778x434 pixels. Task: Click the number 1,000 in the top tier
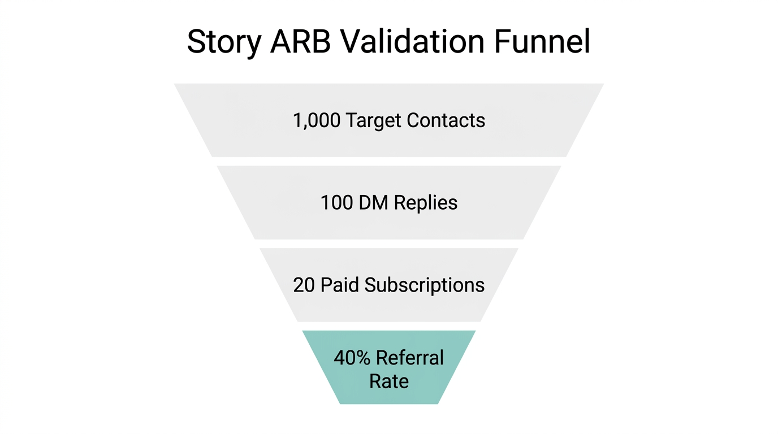[317, 120]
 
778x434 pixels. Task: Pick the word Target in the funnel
[373, 120]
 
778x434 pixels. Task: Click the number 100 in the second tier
[336, 203]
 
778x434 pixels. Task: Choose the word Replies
[426, 203]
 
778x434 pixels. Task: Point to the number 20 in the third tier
[304, 285]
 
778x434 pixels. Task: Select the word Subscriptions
[424, 285]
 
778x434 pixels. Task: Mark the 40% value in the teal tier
[352, 358]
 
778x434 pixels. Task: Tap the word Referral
[409, 358]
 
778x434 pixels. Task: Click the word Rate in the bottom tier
[389, 381]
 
